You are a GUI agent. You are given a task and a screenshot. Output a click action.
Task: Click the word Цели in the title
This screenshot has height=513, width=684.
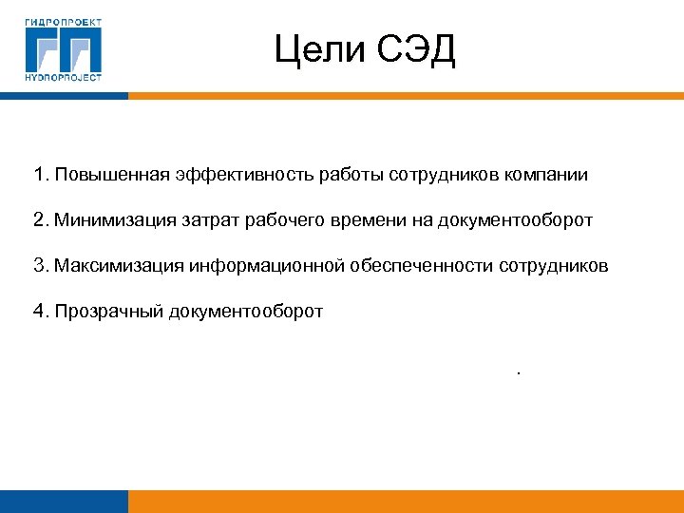point(317,50)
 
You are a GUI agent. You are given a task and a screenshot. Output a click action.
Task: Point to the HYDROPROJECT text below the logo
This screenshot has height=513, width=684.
point(64,78)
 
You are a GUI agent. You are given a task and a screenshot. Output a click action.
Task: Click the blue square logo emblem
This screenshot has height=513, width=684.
point(64,48)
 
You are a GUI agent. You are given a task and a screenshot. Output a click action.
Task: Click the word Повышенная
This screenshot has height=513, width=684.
point(112,175)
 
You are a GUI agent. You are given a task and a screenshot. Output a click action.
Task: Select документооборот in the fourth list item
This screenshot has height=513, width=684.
point(246,311)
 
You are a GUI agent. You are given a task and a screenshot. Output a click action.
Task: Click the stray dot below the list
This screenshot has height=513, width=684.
point(519,373)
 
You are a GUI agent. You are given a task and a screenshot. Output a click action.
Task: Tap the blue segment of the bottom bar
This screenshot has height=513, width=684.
point(64,502)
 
